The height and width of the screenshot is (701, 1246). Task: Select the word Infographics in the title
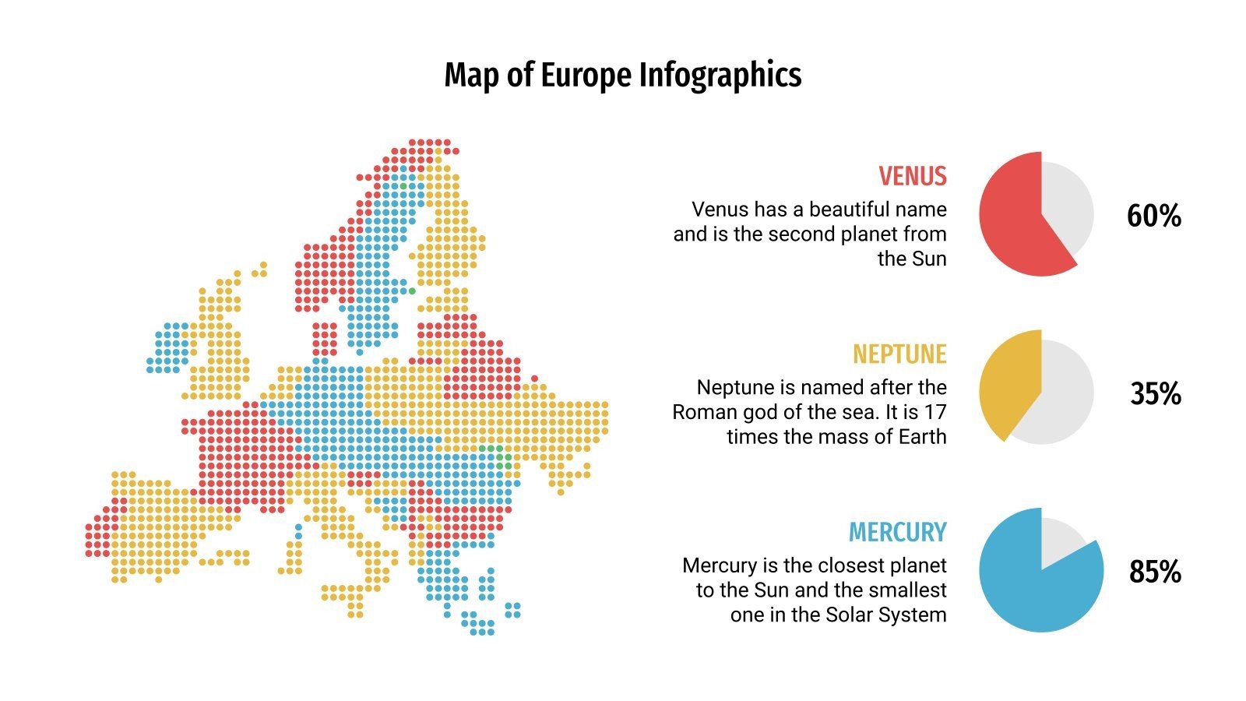720,76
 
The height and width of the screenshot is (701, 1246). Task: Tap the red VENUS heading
913,176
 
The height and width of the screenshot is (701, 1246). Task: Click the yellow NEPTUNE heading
899,354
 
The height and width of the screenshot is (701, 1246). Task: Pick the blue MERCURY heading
897,533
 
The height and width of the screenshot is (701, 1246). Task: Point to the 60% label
1153,216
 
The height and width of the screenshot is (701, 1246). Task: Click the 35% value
1156,394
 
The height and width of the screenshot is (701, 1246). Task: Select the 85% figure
1155,572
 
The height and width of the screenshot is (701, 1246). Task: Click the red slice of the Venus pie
1012,214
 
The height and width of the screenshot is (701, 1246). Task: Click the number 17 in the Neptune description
935,412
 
